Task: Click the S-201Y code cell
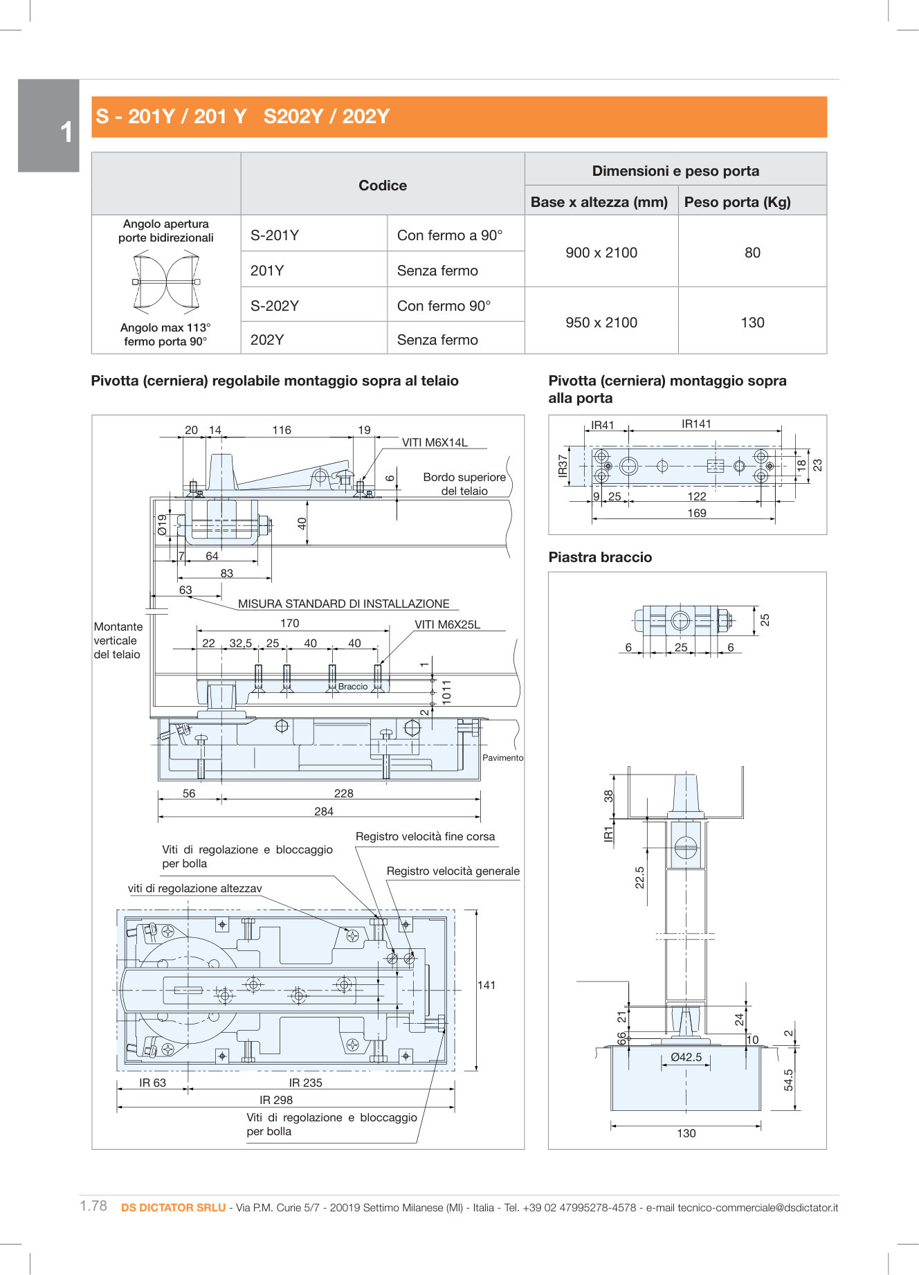tap(275, 235)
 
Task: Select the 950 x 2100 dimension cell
tap(601, 323)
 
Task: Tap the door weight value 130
tap(752, 323)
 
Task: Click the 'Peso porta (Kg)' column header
tap(737, 202)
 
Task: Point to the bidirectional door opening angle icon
tap(166, 282)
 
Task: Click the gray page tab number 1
tap(66, 132)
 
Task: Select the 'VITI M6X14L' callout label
tap(435, 442)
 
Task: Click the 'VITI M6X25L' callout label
tap(447, 624)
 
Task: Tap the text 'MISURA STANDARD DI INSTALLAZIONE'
tap(343, 604)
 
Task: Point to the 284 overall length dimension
tap(323, 811)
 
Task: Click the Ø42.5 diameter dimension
tap(686, 1057)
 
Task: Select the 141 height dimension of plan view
tap(486, 985)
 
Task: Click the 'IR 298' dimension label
tap(276, 1100)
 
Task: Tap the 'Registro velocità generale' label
tap(453, 871)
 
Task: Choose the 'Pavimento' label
tap(502, 758)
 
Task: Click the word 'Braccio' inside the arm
tap(353, 687)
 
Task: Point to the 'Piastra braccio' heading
tap(600, 557)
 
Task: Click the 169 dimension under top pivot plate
tap(696, 513)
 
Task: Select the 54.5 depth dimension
tap(788, 1080)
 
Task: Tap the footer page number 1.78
tap(93, 1206)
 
